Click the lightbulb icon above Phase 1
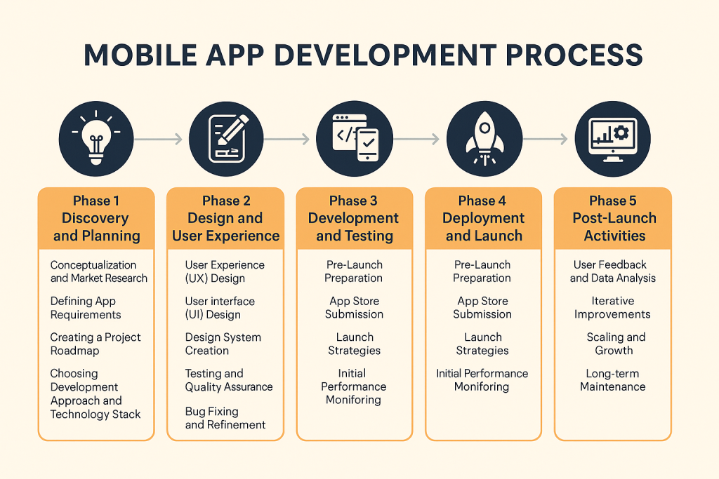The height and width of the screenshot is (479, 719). coord(95,138)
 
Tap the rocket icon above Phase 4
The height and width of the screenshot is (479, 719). coord(484,138)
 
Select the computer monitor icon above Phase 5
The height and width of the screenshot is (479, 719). coord(612,138)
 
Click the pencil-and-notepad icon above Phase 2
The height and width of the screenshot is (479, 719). coord(226,138)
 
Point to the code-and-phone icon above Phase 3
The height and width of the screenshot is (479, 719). coord(355,138)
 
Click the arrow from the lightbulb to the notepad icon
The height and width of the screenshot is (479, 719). coord(158,139)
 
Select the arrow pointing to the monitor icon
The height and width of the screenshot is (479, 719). coord(545,139)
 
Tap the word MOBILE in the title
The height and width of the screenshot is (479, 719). coord(140,55)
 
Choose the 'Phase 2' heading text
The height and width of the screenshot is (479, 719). coord(226,201)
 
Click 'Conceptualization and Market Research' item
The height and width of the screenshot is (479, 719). coord(98,271)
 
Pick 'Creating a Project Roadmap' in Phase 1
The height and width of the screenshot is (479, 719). coord(95,344)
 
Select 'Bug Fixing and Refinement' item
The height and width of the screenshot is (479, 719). coord(225,418)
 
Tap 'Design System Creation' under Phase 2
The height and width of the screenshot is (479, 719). coord(223,344)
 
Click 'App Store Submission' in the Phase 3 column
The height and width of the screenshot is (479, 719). coord(354,308)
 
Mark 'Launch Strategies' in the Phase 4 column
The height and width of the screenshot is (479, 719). coord(482,344)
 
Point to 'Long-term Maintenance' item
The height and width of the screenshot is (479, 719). coord(612,380)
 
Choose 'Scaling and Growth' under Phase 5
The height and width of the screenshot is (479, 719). coord(616,344)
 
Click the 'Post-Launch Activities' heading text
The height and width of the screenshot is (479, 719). coord(614,227)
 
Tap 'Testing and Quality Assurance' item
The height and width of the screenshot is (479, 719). coord(229,380)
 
